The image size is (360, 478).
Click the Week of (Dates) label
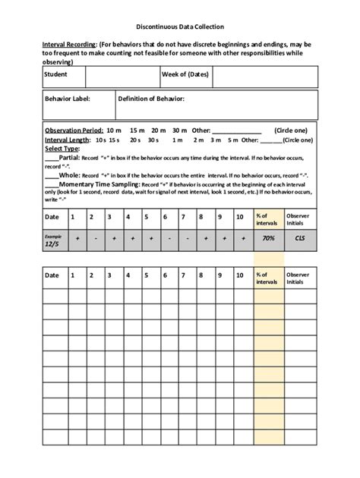[185, 75]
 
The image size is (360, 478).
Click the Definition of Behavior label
[151, 99]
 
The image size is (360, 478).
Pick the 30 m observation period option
[179, 131]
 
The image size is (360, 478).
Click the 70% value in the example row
[267, 238]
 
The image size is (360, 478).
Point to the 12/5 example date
[53, 242]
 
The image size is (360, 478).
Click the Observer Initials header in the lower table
[298, 278]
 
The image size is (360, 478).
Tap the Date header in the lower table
[52, 275]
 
